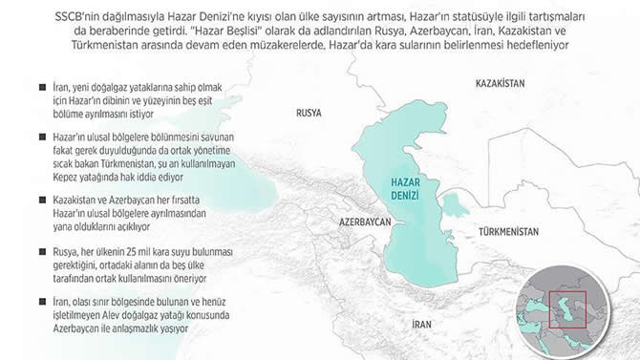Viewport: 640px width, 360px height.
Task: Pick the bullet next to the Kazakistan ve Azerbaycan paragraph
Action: (x=15, y=200)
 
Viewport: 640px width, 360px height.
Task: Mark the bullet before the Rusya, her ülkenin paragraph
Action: (x=15, y=250)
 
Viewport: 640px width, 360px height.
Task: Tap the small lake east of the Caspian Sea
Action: (x=457, y=202)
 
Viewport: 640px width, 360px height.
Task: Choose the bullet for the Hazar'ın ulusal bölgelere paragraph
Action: (x=15, y=138)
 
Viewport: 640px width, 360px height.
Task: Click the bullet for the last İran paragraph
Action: (x=15, y=300)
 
